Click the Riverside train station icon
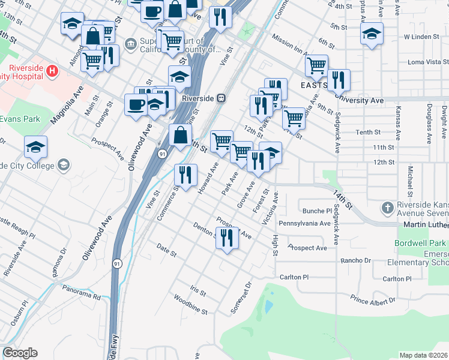pyautogui.click(x=221, y=98)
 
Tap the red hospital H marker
pyautogui.click(x=52, y=72)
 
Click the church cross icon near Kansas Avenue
pyautogui.click(x=388, y=208)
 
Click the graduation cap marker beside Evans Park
pyautogui.click(x=35, y=147)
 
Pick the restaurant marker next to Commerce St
pyautogui.click(x=185, y=174)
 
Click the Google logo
pyautogui.click(x=20, y=353)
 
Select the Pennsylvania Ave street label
pyautogui.click(x=304, y=223)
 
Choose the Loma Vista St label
pyautogui.click(x=428, y=62)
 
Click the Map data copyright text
pyautogui.click(x=423, y=355)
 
